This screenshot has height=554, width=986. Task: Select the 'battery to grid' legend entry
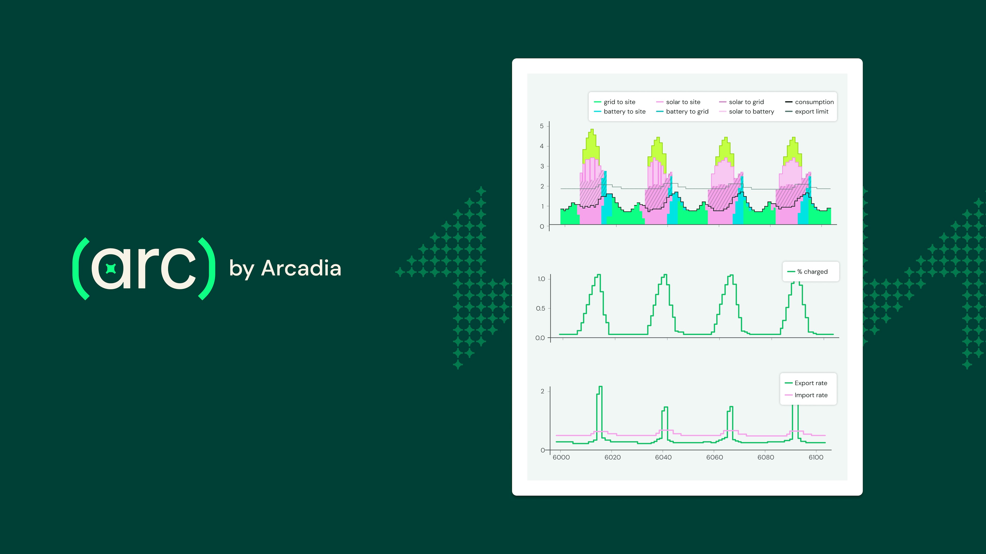tap(687, 112)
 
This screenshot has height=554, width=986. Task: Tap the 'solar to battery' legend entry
tap(751, 112)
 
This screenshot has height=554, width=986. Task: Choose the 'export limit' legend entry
tap(811, 112)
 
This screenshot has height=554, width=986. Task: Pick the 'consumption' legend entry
tap(814, 102)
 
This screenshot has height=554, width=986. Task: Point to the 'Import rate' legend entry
tap(810, 395)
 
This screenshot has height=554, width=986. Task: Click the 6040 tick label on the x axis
tap(663, 457)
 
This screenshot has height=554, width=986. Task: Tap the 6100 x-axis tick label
tap(816, 457)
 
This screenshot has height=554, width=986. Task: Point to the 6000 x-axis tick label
tap(561, 457)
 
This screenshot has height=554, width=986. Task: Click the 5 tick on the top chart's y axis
tap(542, 126)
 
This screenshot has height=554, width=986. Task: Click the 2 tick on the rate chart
tap(542, 391)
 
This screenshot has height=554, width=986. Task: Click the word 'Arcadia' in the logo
tap(301, 268)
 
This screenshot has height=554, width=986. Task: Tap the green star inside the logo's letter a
tap(111, 269)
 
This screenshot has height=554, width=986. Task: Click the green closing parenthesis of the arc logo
tap(207, 269)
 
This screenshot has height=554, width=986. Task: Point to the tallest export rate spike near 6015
tap(600, 388)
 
